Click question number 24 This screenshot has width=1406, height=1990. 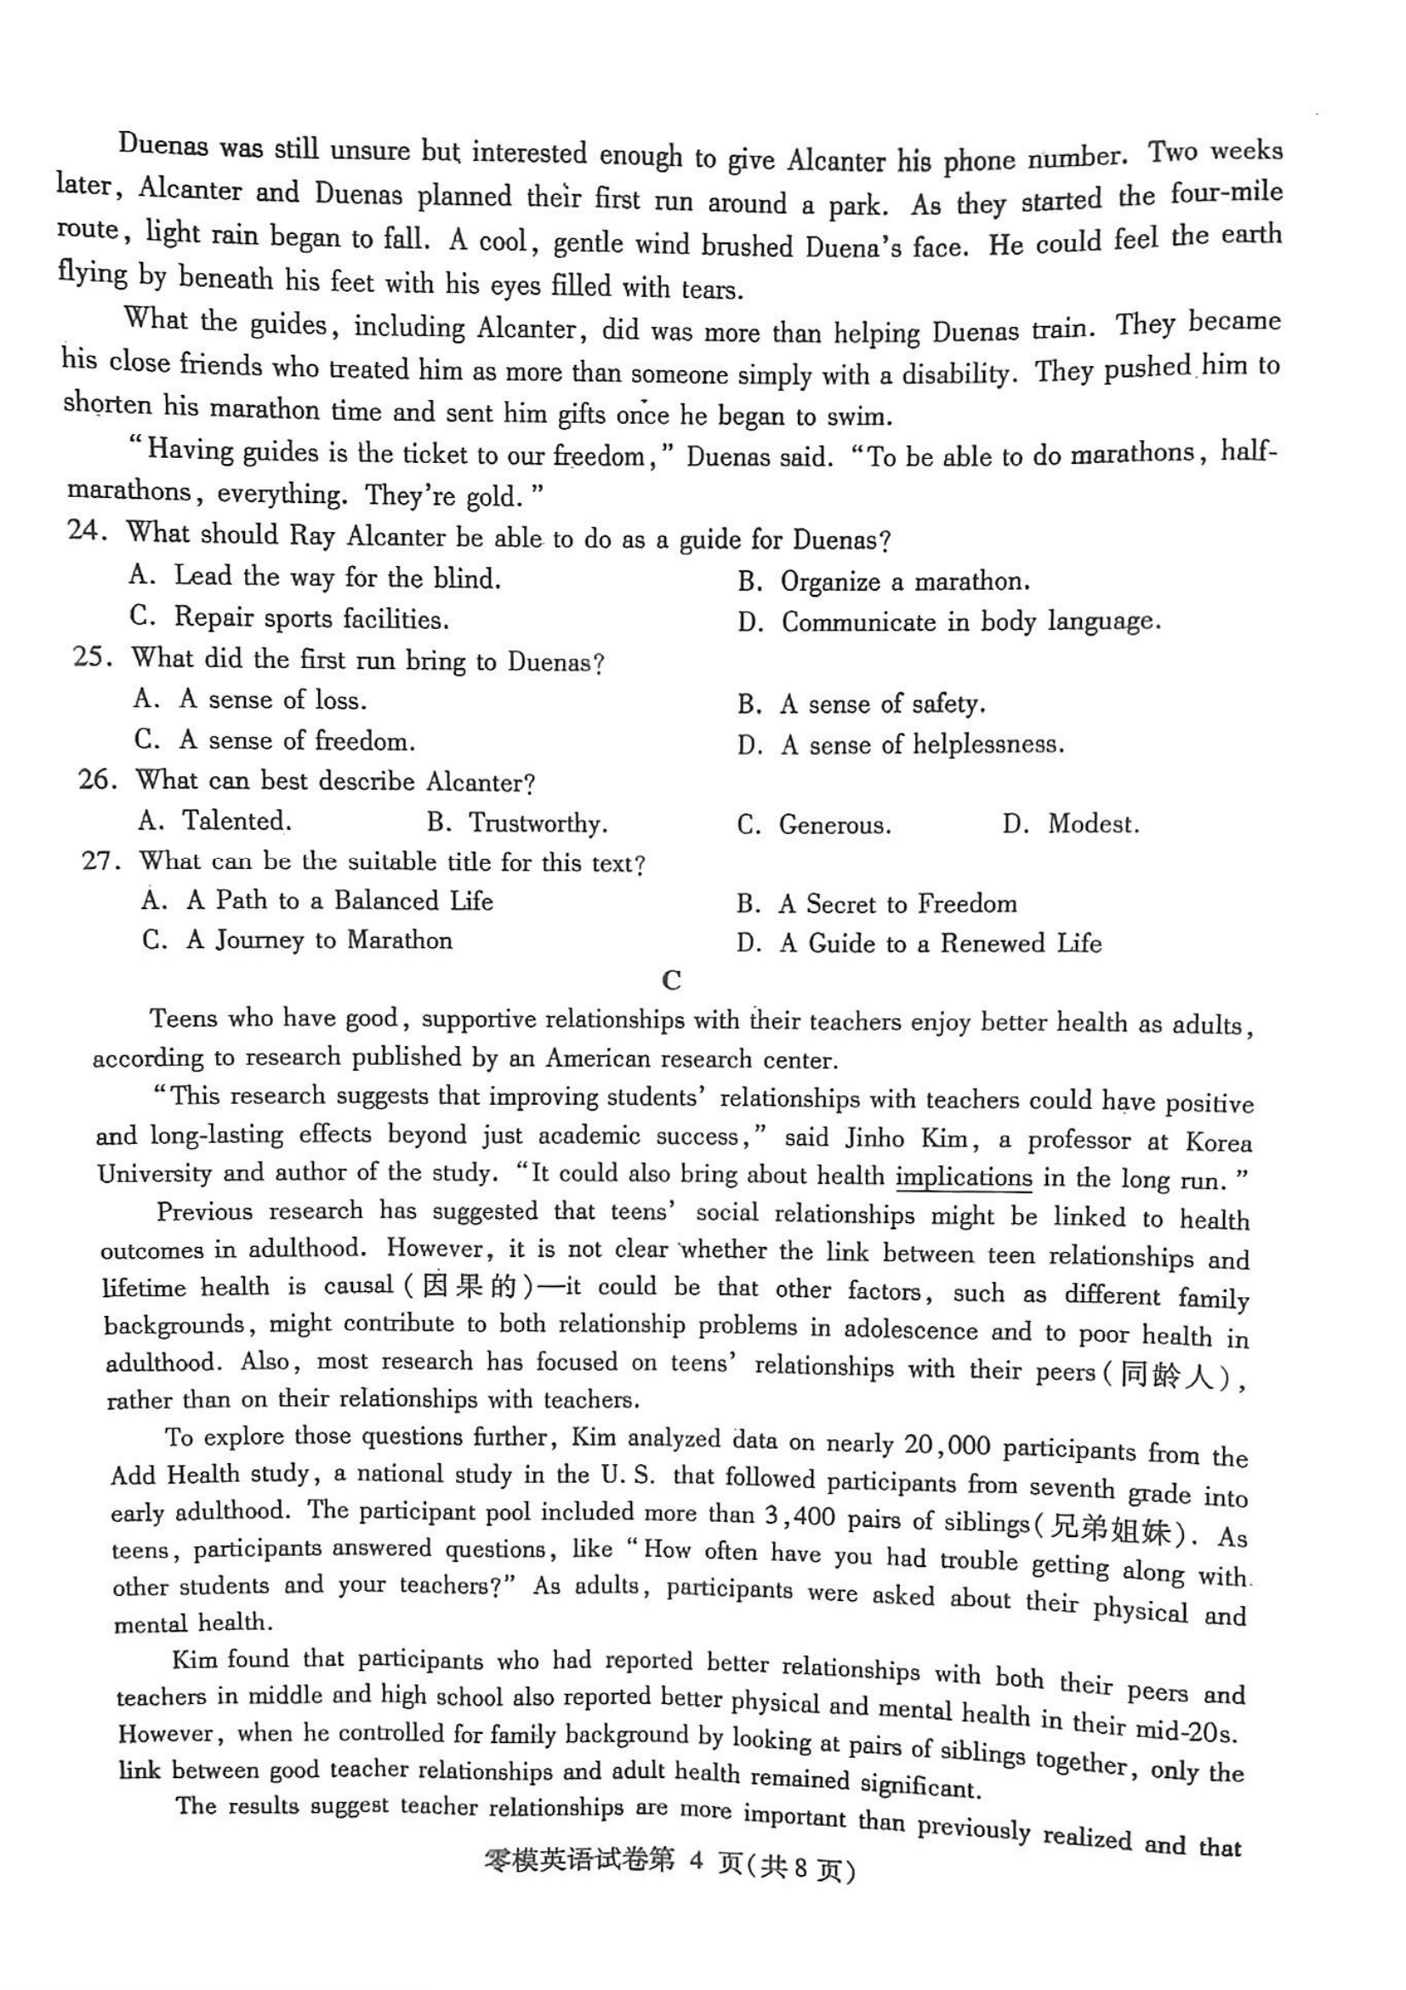coord(86,530)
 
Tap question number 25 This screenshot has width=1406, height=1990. coord(92,657)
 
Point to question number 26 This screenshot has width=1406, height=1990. coord(97,779)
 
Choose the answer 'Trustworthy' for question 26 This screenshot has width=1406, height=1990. coord(537,822)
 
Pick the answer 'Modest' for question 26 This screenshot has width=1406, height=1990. coord(1091,823)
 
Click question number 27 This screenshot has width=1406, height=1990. coord(100,861)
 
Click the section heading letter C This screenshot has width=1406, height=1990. coord(671,981)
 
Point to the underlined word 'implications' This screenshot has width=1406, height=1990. coord(964,1178)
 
